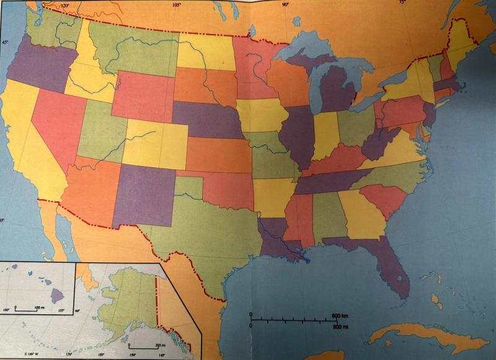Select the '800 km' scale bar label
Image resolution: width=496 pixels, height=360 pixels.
tap(340, 316)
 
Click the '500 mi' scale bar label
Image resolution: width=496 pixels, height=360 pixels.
tap(340, 327)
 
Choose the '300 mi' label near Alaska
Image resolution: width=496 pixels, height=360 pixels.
tap(160, 345)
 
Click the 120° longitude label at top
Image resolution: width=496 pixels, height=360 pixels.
tap(63, 6)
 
